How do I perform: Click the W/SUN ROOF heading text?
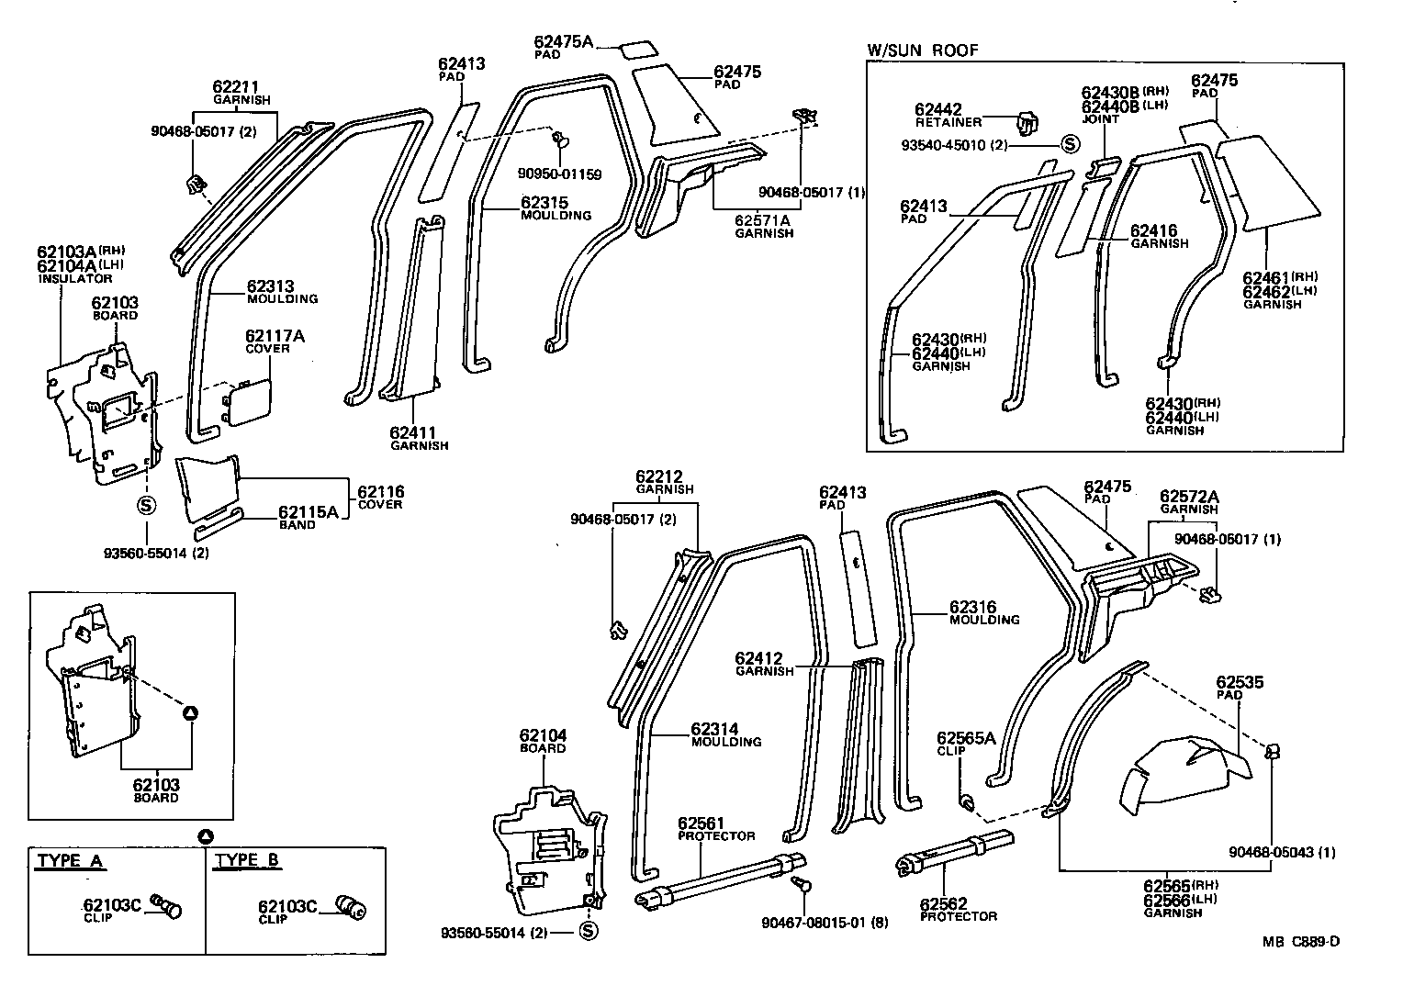[x=923, y=50]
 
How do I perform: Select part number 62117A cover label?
[x=275, y=336]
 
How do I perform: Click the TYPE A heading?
[x=70, y=861]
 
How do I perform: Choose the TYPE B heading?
[x=247, y=861]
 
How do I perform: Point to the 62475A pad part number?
[x=564, y=41]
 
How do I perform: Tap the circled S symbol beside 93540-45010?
[x=1070, y=144]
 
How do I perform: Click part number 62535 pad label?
[x=1240, y=682]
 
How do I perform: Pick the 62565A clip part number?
[x=966, y=737]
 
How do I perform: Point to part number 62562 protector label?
[x=943, y=903]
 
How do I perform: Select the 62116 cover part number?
[x=380, y=492]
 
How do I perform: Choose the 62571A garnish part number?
[x=762, y=220]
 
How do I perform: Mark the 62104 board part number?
[x=543, y=735]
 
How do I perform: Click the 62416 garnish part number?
[x=1153, y=231]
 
